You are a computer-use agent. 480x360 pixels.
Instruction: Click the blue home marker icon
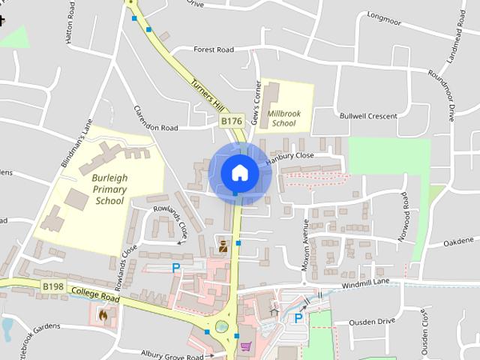(239, 173)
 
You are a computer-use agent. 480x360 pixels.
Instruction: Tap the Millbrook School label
(284, 118)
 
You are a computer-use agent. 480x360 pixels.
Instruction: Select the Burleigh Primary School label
(109, 190)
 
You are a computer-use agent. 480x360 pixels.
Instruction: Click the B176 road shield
(231, 120)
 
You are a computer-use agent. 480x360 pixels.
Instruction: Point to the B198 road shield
(52, 286)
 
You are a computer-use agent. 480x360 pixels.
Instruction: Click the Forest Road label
(214, 50)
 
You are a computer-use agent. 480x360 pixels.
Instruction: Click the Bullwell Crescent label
(367, 116)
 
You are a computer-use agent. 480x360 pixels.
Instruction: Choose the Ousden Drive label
(373, 321)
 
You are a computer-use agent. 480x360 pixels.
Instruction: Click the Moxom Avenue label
(306, 245)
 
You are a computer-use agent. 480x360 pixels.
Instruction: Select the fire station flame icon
(103, 316)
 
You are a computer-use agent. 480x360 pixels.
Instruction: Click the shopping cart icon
(245, 346)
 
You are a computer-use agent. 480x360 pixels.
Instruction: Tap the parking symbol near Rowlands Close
(176, 268)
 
